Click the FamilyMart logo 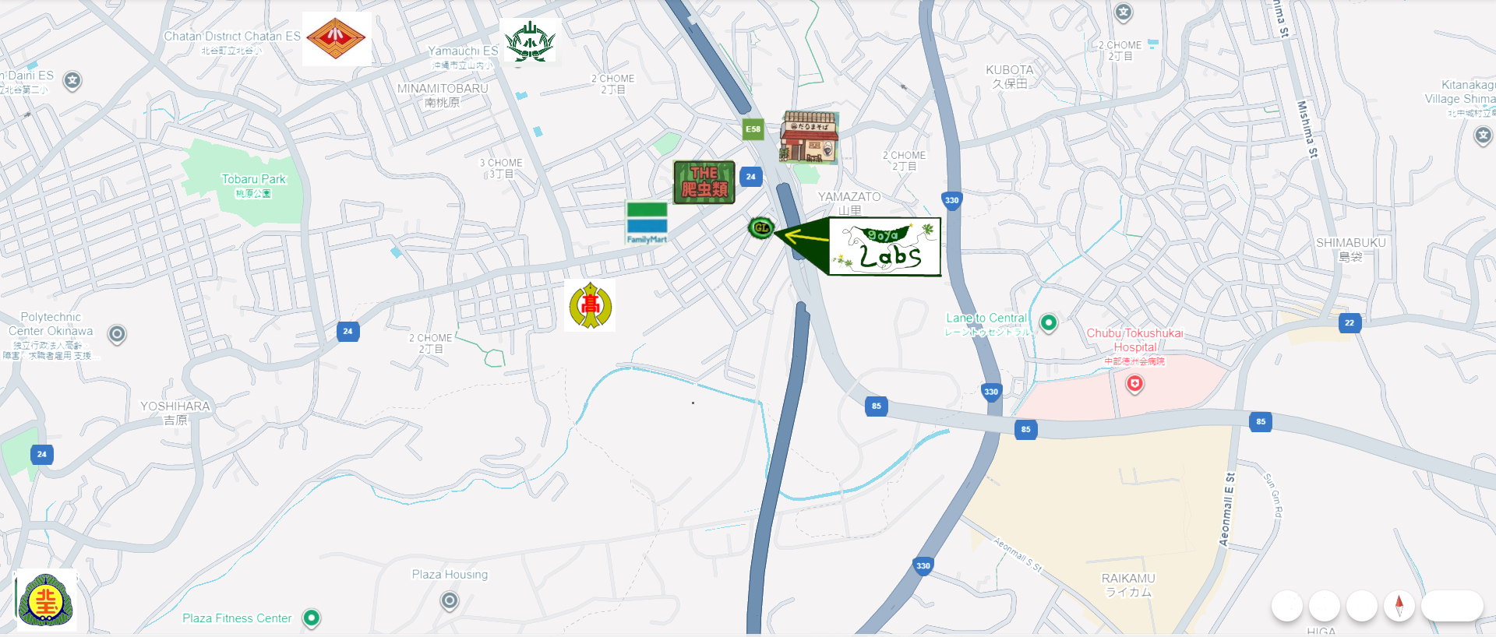tap(647, 223)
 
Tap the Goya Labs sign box tap(884, 247)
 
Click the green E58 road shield tap(753, 129)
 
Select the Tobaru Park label tap(254, 180)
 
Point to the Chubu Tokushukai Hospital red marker tap(1134, 383)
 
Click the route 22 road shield tap(1350, 322)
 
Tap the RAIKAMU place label tap(1128, 579)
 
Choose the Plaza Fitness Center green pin tap(312, 618)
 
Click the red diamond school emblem tap(336, 38)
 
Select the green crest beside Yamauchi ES tap(530, 41)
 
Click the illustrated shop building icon tap(809, 138)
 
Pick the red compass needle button tap(1399, 605)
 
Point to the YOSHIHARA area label tap(175, 406)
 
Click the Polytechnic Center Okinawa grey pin tap(117, 334)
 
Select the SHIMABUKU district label tap(1350, 243)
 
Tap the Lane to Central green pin tap(1049, 322)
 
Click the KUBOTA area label tap(1010, 70)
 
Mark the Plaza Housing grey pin tap(450, 600)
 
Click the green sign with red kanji tap(704, 183)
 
